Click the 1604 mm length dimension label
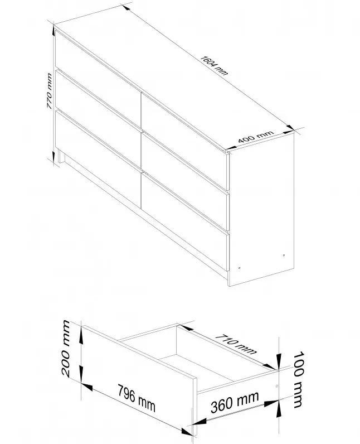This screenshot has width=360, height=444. pyautogui.click(x=214, y=66)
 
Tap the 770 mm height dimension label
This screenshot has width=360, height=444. pyautogui.click(x=49, y=91)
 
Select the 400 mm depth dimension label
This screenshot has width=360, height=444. pyautogui.click(x=256, y=137)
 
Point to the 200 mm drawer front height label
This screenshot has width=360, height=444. pyautogui.click(x=66, y=348)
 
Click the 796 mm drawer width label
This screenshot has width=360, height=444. pyautogui.click(x=137, y=398)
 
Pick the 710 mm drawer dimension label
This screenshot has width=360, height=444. pyautogui.click(x=236, y=344)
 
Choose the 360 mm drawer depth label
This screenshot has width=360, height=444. pyautogui.click(x=235, y=402)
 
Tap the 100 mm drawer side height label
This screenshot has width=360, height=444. pyautogui.click(x=298, y=379)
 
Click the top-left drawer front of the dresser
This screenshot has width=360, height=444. pyautogui.click(x=98, y=71)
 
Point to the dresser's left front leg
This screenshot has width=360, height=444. pyautogui.click(x=62, y=157)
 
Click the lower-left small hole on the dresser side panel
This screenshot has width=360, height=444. pyautogui.click(x=239, y=268)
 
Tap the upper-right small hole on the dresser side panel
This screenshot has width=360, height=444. pyautogui.click(x=284, y=255)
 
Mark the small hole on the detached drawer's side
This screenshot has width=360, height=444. pyautogui.click(x=276, y=385)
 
